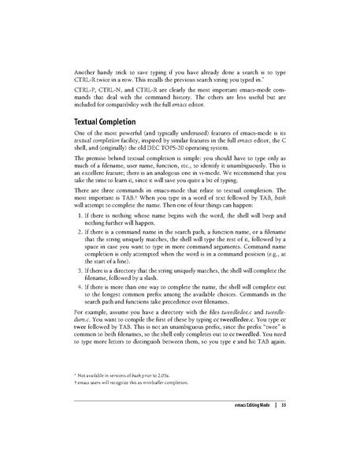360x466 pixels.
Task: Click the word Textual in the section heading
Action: (77, 123)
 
